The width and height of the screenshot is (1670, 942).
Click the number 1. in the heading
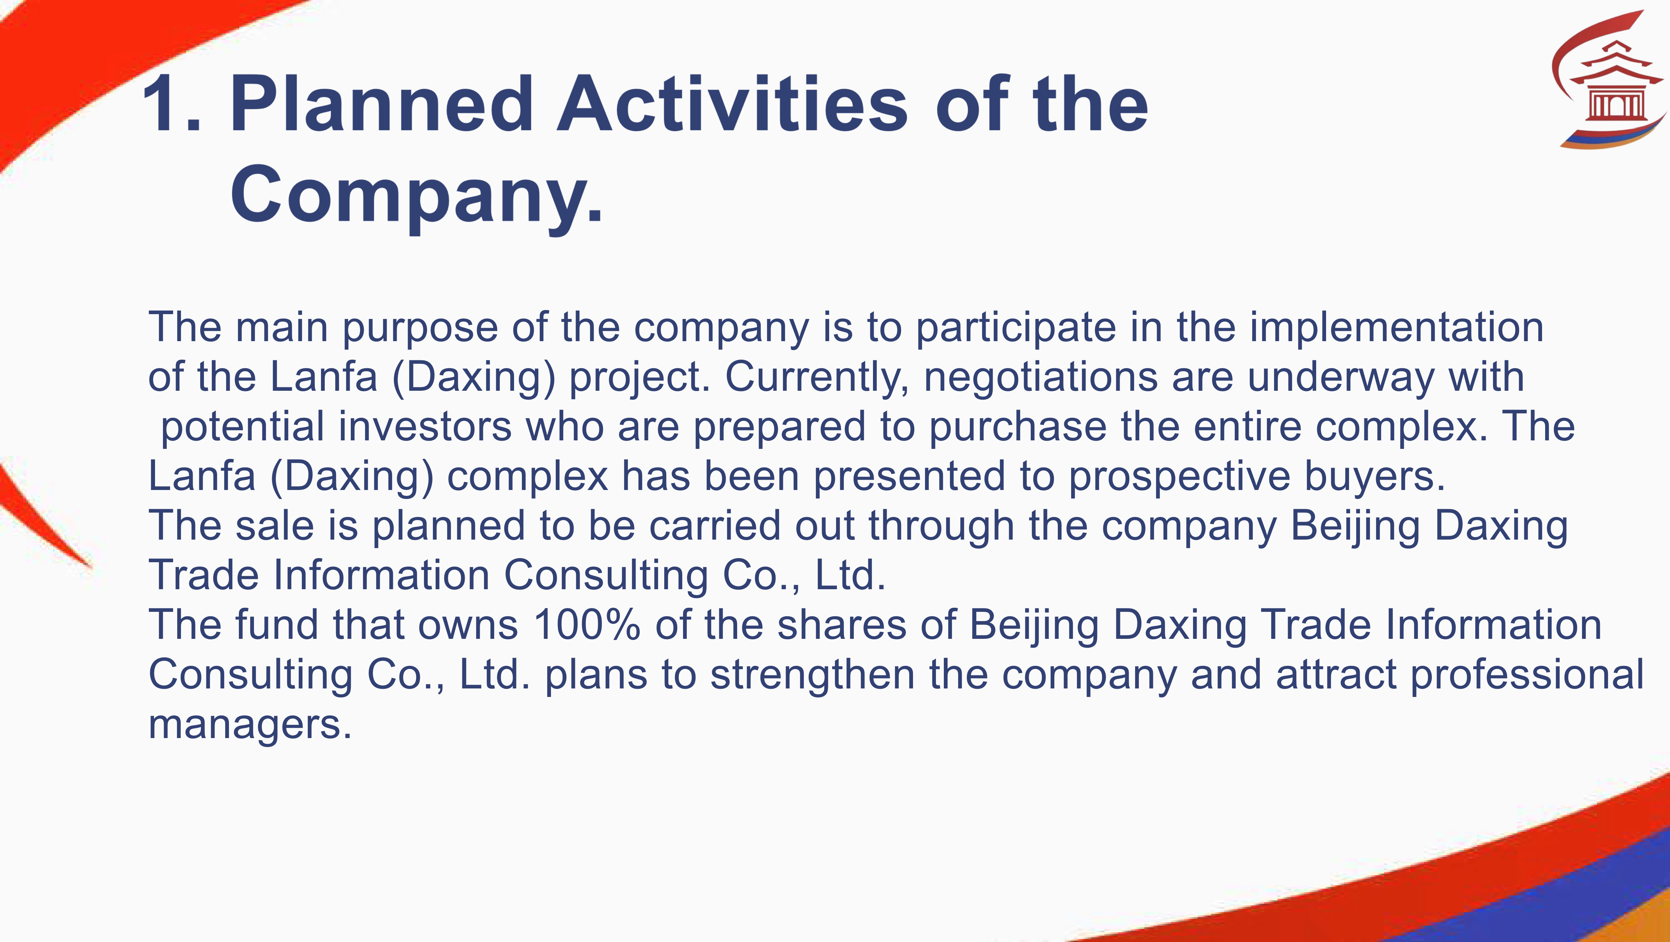[x=172, y=104]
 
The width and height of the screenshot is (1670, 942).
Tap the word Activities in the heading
[x=733, y=104]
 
